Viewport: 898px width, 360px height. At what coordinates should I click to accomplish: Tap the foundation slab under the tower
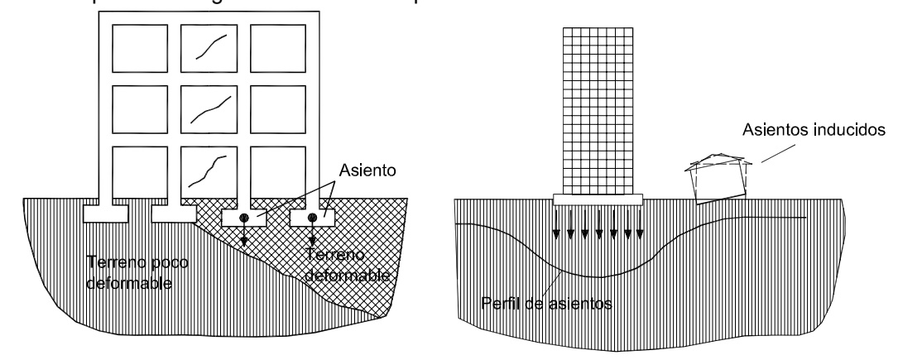pyautogui.click(x=598, y=199)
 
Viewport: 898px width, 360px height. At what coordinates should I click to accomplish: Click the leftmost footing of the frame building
pyautogui.click(x=104, y=213)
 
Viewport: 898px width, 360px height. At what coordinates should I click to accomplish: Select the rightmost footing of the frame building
pyautogui.click(x=313, y=218)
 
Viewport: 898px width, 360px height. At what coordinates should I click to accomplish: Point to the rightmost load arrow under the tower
pyautogui.click(x=639, y=223)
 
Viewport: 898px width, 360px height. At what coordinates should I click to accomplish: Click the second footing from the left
pyautogui.click(x=174, y=213)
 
